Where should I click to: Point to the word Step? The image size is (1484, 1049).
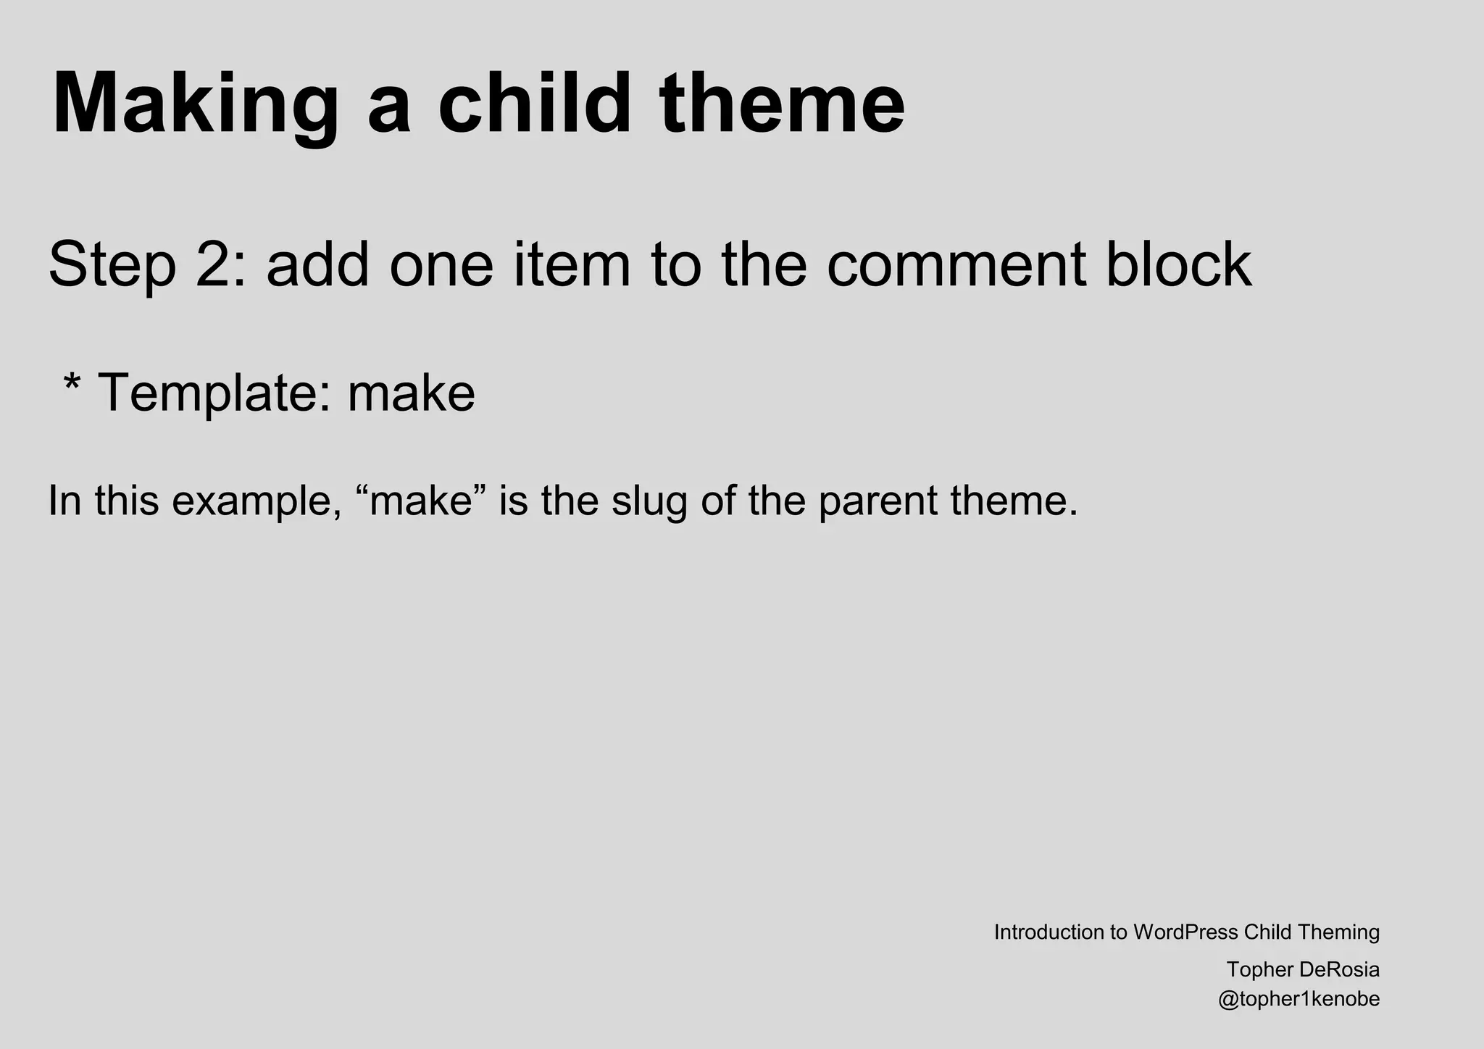pyautogui.click(x=113, y=264)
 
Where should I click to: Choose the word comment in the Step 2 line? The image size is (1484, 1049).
pyautogui.click(x=956, y=264)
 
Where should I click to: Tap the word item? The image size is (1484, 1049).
pyautogui.click(x=572, y=264)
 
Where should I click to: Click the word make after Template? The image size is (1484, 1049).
pyautogui.click(x=411, y=393)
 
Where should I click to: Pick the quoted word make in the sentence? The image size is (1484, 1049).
pyautogui.click(x=421, y=501)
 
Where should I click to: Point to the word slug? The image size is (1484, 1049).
pyautogui.click(x=648, y=501)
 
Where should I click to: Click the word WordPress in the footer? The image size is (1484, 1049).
pyautogui.click(x=1185, y=932)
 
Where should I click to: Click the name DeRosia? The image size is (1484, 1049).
pyautogui.click(x=1340, y=969)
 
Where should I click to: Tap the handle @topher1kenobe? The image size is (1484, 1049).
pyautogui.click(x=1298, y=1000)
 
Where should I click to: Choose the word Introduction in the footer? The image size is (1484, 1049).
pyautogui.click(x=1048, y=932)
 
